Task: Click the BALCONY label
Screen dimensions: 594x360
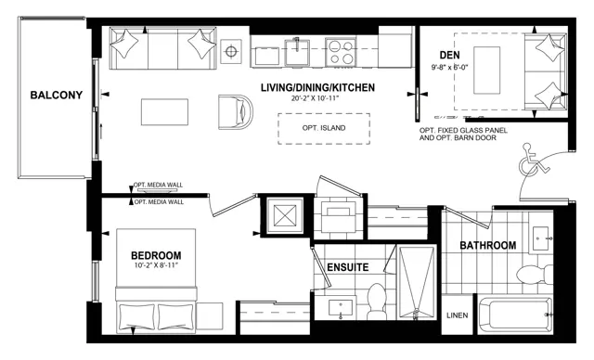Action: pyautogui.click(x=57, y=95)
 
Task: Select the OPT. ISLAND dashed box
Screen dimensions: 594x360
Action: pyautogui.click(x=324, y=129)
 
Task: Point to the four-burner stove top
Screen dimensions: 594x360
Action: pyautogui.click(x=341, y=51)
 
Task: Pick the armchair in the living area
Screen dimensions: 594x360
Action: pyautogui.click(x=235, y=112)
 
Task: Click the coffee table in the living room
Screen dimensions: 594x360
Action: pyautogui.click(x=164, y=112)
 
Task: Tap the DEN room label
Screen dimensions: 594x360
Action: pyautogui.click(x=449, y=56)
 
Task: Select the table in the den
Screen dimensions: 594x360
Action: pyautogui.click(x=486, y=71)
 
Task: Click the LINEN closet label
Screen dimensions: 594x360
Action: pyautogui.click(x=458, y=315)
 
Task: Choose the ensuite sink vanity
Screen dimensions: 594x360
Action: pyautogui.click(x=341, y=309)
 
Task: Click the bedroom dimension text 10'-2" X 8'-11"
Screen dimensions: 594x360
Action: pyautogui.click(x=156, y=265)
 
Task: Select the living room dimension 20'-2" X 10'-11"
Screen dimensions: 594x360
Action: pyautogui.click(x=315, y=98)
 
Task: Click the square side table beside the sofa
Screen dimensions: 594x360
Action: pyautogui.click(x=231, y=51)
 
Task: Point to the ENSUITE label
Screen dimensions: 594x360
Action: pyautogui.click(x=348, y=267)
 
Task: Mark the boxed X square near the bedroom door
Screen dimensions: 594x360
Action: pyautogui.click(x=285, y=215)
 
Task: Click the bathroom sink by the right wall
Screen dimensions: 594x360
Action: pyautogui.click(x=541, y=238)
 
